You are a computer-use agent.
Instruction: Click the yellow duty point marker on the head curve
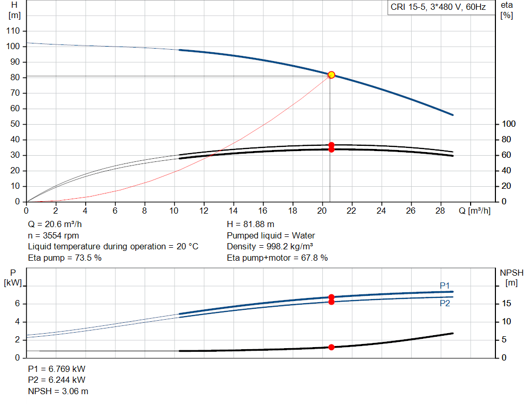pyautogui.click(x=331, y=75)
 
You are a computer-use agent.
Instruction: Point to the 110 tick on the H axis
pyautogui.click(x=14, y=31)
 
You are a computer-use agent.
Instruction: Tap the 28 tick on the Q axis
pyautogui.click(x=441, y=211)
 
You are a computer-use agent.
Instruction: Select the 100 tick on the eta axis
pyautogui.click(x=509, y=124)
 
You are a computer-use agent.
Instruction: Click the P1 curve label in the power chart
pyautogui.click(x=445, y=286)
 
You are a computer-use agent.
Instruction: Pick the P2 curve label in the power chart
pyautogui.click(x=445, y=304)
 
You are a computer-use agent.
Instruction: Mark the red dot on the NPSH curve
pyautogui.click(x=331, y=347)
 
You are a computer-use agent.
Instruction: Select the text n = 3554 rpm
pyautogui.click(x=54, y=236)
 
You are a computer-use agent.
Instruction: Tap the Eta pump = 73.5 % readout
pyautogui.click(x=65, y=258)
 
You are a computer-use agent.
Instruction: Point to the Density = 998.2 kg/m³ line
pyautogui.click(x=270, y=247)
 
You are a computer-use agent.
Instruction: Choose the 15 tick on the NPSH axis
pyautogui.click(x=506, y=304)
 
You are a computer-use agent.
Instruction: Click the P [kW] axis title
pyautogui.click(x=12, y=278)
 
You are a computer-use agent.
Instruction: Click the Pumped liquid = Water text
pyautogui.click(x=263, y=236)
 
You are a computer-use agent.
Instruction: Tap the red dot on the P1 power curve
pyautogui.click(x=331, y=297)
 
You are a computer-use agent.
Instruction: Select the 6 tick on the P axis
pyautogui.click(x=17, y=304)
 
